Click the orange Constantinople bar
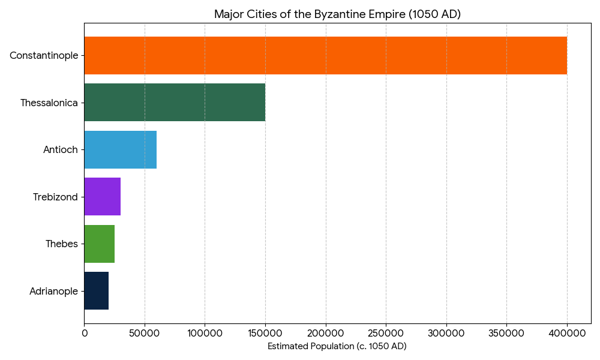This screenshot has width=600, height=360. coord(325,55)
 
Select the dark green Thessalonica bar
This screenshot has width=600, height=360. coord(175,103)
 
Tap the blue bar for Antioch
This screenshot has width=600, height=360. coord(120,149)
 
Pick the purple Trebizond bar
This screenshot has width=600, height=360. coord(102,197)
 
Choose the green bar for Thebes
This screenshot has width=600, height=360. coord(99,244)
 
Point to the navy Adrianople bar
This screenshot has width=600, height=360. coord(96,291)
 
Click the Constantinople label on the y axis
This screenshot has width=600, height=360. coord(44,55)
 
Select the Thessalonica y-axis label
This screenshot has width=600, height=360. coord(49,103)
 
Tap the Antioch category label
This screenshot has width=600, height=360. coord(61,149)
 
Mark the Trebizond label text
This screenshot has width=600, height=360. coord(55,197)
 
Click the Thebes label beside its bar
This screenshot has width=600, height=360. coord(62,244)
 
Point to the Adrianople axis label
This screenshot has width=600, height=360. coord(53,291)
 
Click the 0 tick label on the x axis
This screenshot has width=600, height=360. coord(84,332)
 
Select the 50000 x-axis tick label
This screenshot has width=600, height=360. coord(145,332)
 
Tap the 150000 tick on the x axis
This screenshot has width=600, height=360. coord(265,332)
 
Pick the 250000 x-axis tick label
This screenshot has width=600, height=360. coord(386,332)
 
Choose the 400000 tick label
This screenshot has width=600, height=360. coord(567,332)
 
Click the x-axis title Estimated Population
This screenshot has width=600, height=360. coord(337,346)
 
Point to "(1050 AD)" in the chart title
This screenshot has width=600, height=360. coord(434,14)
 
